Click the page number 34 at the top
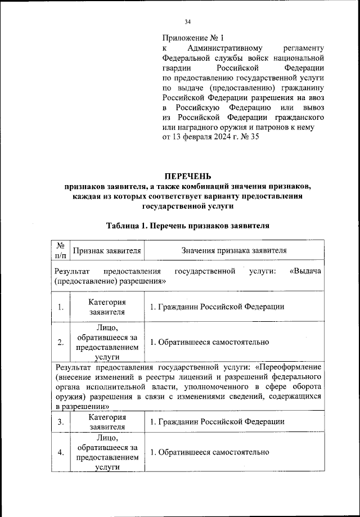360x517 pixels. click(x=188, y=22)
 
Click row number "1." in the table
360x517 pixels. click(x=60, y=307)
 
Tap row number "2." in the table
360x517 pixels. click(x=60, y=342)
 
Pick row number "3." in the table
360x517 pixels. click(x=60, y=422)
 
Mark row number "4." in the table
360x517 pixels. click(x=60, y=452)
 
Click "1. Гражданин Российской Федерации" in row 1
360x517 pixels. click(x=217, y=307)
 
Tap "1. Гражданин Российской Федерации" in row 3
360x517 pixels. click(x=217, y=422)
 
